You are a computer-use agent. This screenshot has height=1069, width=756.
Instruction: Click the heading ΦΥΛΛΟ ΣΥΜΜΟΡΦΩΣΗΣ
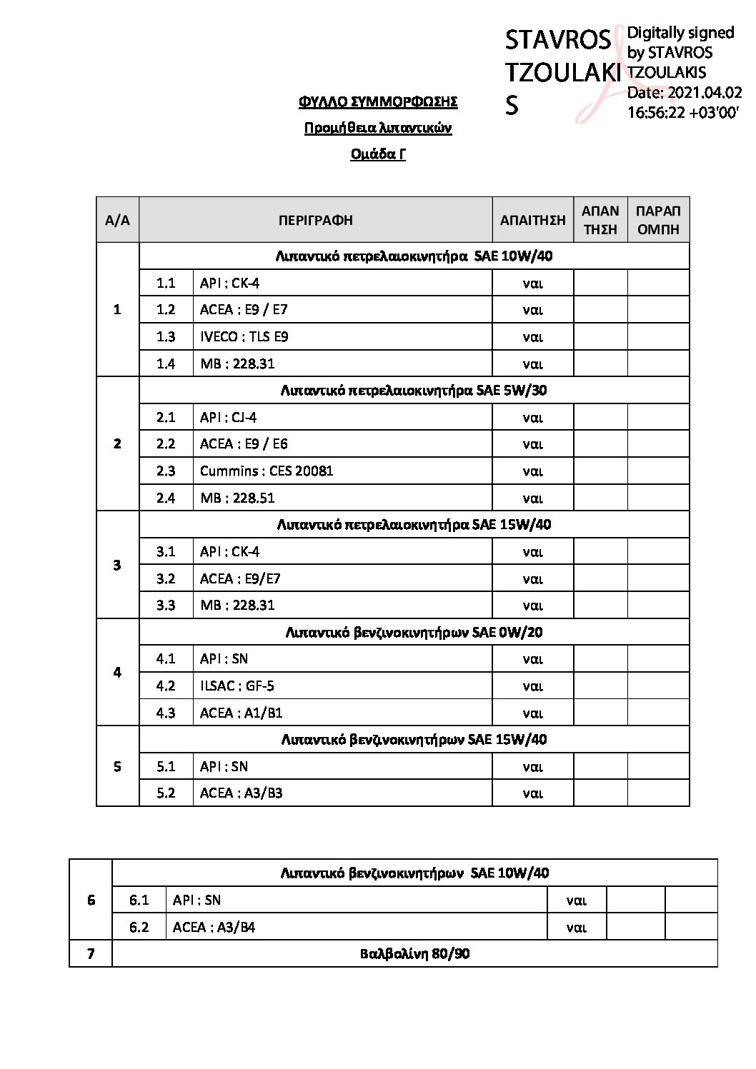coord(378,101)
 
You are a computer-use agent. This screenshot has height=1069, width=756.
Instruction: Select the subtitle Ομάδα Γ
coord(378,154)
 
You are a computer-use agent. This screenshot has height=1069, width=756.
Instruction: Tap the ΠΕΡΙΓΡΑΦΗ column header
coord(315,220)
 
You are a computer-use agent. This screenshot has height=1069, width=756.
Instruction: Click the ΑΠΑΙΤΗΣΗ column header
coord(532,220)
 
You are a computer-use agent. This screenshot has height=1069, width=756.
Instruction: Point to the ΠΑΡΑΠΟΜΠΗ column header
coord(658,220)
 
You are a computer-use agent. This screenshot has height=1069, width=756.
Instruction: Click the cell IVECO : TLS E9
coord(244,336)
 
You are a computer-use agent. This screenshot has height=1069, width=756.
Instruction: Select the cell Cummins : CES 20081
coord(267,471)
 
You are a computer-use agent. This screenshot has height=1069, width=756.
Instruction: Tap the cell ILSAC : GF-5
coord(237,686)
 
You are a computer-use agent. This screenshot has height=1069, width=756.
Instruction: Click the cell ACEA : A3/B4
coord(214,927)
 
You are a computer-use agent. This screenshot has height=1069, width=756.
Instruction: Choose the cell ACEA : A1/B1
coord(242,713)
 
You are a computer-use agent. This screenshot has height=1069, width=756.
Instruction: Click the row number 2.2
coord(166,443)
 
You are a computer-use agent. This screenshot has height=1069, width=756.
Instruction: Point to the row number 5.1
coord(166,766)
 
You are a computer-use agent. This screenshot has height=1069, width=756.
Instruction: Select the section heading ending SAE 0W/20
coord(414,632)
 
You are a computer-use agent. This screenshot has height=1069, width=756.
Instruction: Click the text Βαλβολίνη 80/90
coord(414,953)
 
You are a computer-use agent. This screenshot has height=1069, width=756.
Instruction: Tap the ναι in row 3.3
coord(532,606)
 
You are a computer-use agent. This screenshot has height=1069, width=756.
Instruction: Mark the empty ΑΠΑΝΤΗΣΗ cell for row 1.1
coord(600,283)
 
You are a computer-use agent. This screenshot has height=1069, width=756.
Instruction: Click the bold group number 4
coord(117,672)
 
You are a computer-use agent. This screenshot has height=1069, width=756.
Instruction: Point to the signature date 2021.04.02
coord(684,93)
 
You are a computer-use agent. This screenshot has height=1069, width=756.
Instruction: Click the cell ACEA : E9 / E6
coord(244,443)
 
